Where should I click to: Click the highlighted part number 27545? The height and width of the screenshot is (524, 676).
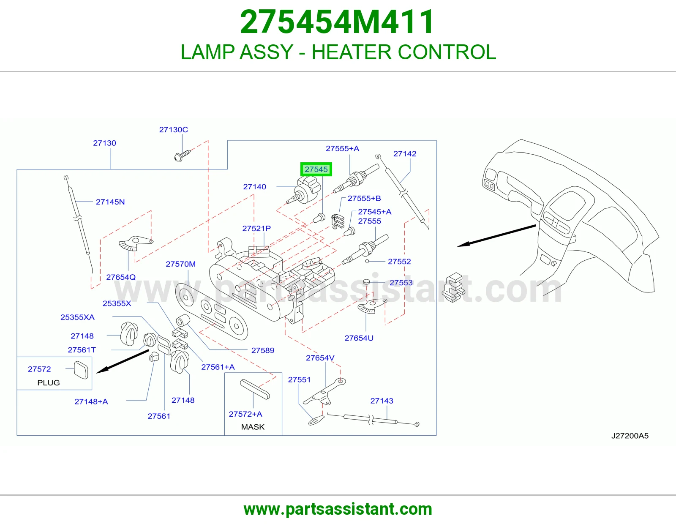click(316, 169)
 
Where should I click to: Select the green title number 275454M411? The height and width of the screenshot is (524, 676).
click(337, 22)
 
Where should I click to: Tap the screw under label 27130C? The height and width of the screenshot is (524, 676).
click(182, 155)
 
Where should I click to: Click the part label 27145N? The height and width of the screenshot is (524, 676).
click(110, 202)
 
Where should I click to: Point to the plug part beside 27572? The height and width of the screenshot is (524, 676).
click(81, 370)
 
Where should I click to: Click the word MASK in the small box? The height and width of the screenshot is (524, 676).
click(253, 427)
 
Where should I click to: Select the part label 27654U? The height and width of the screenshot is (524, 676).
click(359, 338)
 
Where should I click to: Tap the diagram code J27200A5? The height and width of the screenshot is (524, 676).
click(630, 436)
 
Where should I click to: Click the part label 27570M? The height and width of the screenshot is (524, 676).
click(180, 264)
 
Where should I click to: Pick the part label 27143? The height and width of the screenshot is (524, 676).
click(382, 401)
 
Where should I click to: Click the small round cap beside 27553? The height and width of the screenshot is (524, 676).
click(366, 282)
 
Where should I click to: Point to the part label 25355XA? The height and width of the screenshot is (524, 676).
click(77, 317)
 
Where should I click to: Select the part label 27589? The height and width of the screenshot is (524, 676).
click(262, 350)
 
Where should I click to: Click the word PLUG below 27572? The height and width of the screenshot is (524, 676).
click(49, 383)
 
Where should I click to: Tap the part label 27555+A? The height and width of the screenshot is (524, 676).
click(342, 148)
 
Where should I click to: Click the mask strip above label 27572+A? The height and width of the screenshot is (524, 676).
click(255, 389)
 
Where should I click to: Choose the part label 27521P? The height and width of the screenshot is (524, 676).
click(256, 228)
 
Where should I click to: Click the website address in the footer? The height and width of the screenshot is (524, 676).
click(338, 509)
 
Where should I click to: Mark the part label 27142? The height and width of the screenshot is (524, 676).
click(404, 154)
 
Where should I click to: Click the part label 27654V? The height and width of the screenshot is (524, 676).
click(320, 358)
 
